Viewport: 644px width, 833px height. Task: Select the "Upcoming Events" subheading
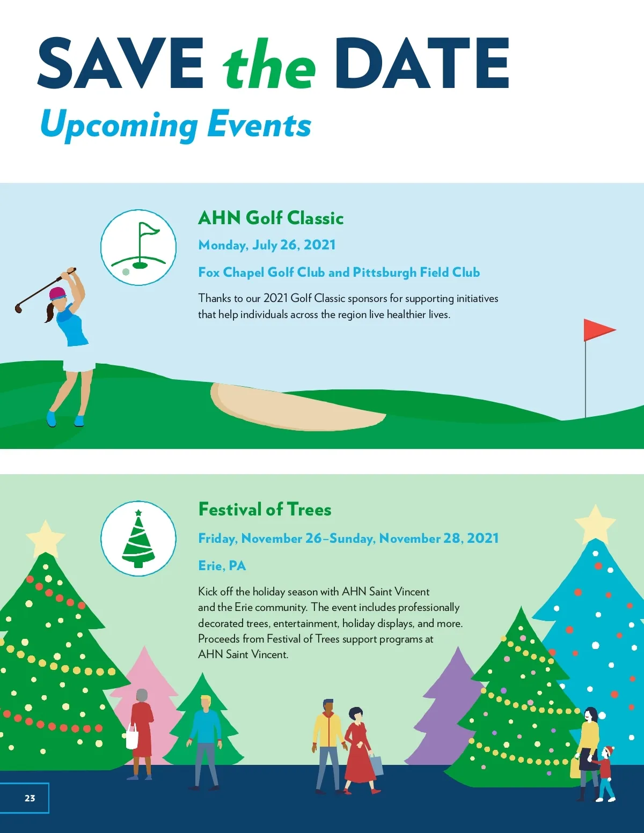point(175,124)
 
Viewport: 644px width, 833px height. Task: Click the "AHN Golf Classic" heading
point(271,218)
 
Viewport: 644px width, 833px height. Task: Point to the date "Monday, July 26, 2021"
point(267,245)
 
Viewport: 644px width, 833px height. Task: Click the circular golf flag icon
point(138,247)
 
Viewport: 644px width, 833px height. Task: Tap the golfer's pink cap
point(57,293)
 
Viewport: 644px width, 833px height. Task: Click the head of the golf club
point(18,308)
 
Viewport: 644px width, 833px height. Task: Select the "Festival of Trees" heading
point(265,510)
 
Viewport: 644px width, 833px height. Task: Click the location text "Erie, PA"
point(222,566)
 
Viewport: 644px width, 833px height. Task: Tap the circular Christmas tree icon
point(138,538)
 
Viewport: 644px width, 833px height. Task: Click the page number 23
point(30,798)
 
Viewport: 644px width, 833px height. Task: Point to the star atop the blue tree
point(595,524)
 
